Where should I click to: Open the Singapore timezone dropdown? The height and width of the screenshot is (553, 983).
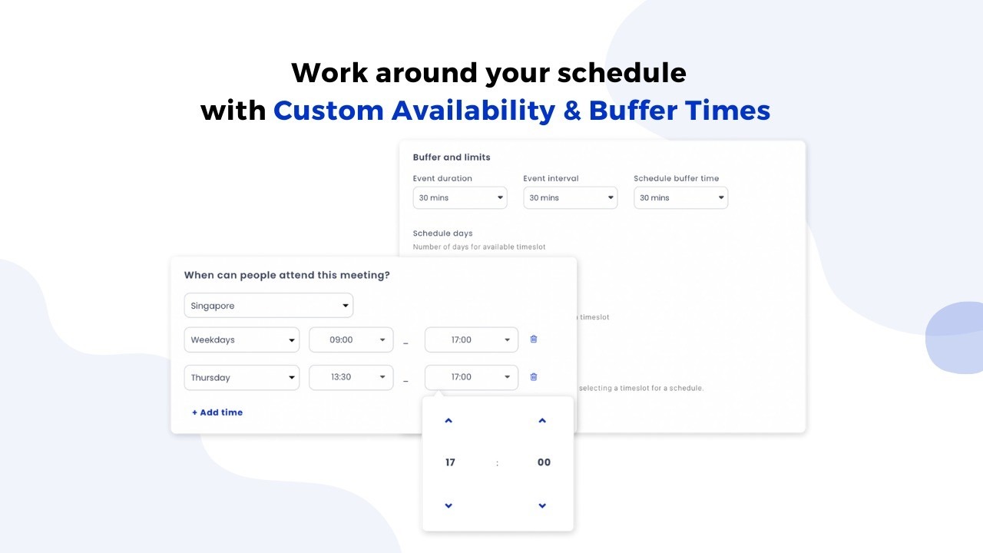point(269,306)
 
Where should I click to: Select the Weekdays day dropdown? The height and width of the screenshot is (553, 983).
point(242,339)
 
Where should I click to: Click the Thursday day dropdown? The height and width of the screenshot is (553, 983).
point(242,377)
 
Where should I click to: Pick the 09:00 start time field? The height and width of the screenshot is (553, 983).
point(351,339)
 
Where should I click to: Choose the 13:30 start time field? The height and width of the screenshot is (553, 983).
point(351,377)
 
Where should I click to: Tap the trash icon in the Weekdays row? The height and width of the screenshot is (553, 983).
point(534,339)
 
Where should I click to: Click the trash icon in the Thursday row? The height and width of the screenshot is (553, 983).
point(534,376)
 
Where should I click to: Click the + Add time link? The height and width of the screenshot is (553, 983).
point(217,412)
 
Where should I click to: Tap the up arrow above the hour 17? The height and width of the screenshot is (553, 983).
point(448,420)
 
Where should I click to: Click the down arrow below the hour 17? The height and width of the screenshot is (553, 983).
point(448,505)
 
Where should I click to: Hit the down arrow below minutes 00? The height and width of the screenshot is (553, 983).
point(542,505)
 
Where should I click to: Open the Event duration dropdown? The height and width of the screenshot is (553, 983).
point(460,197)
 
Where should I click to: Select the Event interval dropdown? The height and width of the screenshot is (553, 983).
point(571,197)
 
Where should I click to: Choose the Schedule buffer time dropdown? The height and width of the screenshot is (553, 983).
point(681,197)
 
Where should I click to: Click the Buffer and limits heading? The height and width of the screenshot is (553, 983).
point(452,157)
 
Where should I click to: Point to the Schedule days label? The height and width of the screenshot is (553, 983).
point(443,233)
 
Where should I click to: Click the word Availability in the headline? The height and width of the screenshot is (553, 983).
point(474,111)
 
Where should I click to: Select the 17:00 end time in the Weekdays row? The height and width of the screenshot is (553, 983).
point(472,339)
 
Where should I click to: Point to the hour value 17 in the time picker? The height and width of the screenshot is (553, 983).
point(450,462)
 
